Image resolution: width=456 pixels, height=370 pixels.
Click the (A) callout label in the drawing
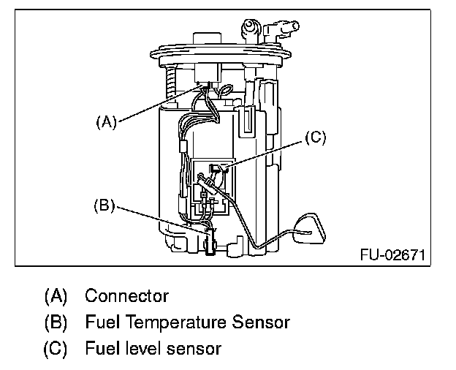[107, 121]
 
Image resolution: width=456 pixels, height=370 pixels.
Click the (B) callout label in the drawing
[104, 205]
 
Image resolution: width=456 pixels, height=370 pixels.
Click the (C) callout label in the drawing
[316, 137]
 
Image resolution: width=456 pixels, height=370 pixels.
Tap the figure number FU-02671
[392, 255]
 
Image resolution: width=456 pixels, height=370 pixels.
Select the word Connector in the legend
[127, 296]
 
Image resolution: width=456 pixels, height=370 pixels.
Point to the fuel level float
[309, 229]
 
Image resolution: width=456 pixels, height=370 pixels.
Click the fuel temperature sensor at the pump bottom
[210, 241]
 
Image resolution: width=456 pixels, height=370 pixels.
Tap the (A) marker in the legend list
[56, 296]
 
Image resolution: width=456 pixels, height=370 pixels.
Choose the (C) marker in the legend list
[56, 349]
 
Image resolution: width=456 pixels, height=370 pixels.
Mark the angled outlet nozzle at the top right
[280, 29]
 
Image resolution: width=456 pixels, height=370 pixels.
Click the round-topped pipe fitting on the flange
[250, 31]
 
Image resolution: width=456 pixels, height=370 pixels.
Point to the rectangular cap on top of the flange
[207, 39]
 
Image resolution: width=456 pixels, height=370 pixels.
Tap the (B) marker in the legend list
[56, 322]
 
